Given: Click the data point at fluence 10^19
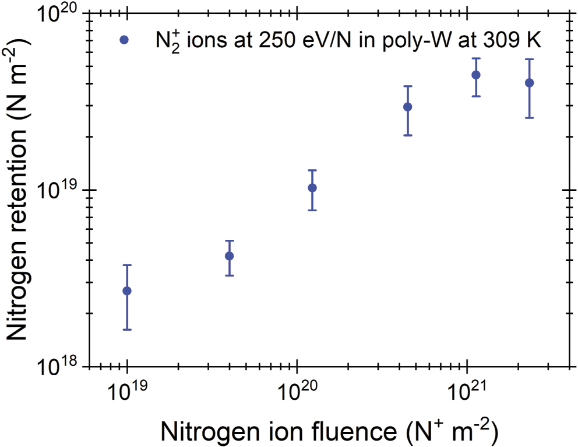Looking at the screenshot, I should point(126,291).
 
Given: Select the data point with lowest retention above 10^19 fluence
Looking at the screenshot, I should point(229,256).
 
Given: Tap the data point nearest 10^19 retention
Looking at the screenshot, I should point(312,187).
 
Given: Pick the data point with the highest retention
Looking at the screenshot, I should point(476,75).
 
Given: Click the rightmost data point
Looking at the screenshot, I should point(529,83).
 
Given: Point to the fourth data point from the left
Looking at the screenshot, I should point(408,107).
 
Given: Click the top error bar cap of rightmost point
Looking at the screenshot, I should point(529,59).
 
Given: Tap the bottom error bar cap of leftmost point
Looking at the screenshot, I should point(126,330).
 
